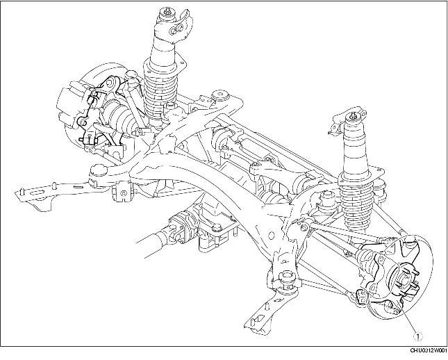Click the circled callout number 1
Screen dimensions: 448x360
click(417, 336)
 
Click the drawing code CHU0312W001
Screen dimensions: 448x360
click(428, 350)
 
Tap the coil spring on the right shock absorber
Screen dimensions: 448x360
click(356, 205)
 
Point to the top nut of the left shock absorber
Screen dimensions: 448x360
click(166, 12)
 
